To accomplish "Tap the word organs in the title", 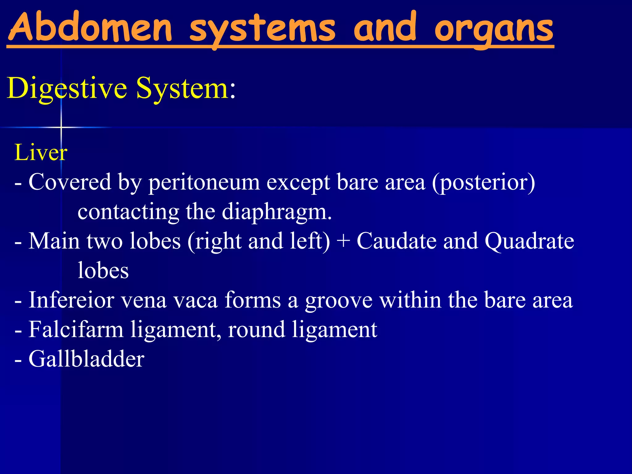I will click(x=494, y=29).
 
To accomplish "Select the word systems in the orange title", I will click(x=262, y=29).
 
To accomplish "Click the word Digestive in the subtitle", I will click(x=67, y=89).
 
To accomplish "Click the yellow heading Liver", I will click(x=41, y=152).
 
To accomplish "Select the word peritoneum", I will click(x=204, y=183).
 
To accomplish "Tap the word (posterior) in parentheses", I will click(x=483, y=183).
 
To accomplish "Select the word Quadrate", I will click(x=529, y=241).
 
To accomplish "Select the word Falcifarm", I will click(x=76, y=329).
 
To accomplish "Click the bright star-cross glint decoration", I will click(x=61, y=127).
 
